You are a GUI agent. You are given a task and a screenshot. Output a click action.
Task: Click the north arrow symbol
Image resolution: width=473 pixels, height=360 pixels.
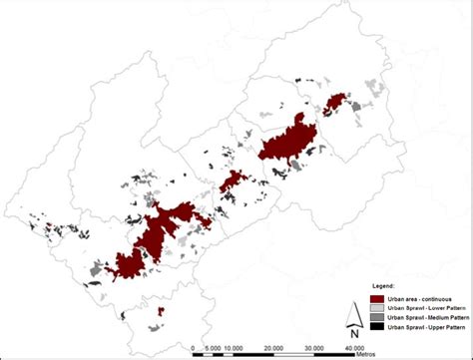pos(352,312)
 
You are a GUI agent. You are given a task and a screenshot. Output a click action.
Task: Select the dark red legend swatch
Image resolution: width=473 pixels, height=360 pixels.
pos(376,298)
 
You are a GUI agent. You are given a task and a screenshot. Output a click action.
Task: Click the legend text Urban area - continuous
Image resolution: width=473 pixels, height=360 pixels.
pos(420,298)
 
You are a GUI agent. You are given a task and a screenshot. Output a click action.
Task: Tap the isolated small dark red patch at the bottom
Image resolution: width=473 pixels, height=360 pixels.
pos(161,311)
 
